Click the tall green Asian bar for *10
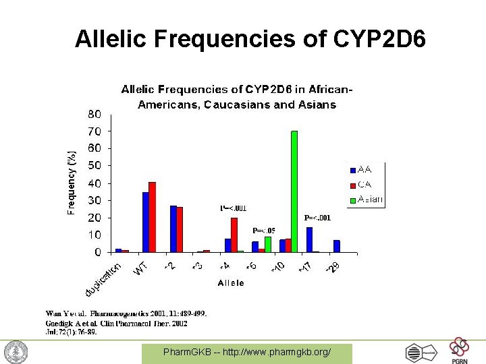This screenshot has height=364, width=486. coord(294,191)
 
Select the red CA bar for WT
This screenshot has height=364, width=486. coord(152,217)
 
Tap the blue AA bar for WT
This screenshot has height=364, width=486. coord(145,222)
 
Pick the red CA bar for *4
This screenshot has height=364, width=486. coord(234,235)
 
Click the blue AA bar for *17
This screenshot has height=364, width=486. coord(309,239)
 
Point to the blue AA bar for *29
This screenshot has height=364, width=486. coord(336,246)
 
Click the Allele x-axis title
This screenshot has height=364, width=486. coord(231,284)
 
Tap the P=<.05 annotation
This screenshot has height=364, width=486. coord(263,231)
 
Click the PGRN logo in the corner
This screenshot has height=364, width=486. coord(459,351)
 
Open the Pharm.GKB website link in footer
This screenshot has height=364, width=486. coord(246,352)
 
